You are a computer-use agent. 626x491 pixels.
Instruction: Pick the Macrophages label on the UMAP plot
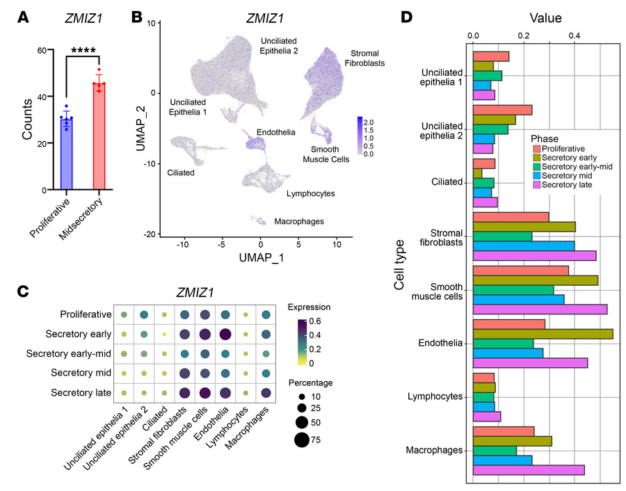[298, 222]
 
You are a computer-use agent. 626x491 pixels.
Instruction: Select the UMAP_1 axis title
[260, 258]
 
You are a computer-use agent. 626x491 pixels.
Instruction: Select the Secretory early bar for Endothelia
[543, 334]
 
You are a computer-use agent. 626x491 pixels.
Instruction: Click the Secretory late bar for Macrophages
[529, 470]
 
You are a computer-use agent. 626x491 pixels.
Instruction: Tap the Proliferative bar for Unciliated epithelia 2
[502, 110]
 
